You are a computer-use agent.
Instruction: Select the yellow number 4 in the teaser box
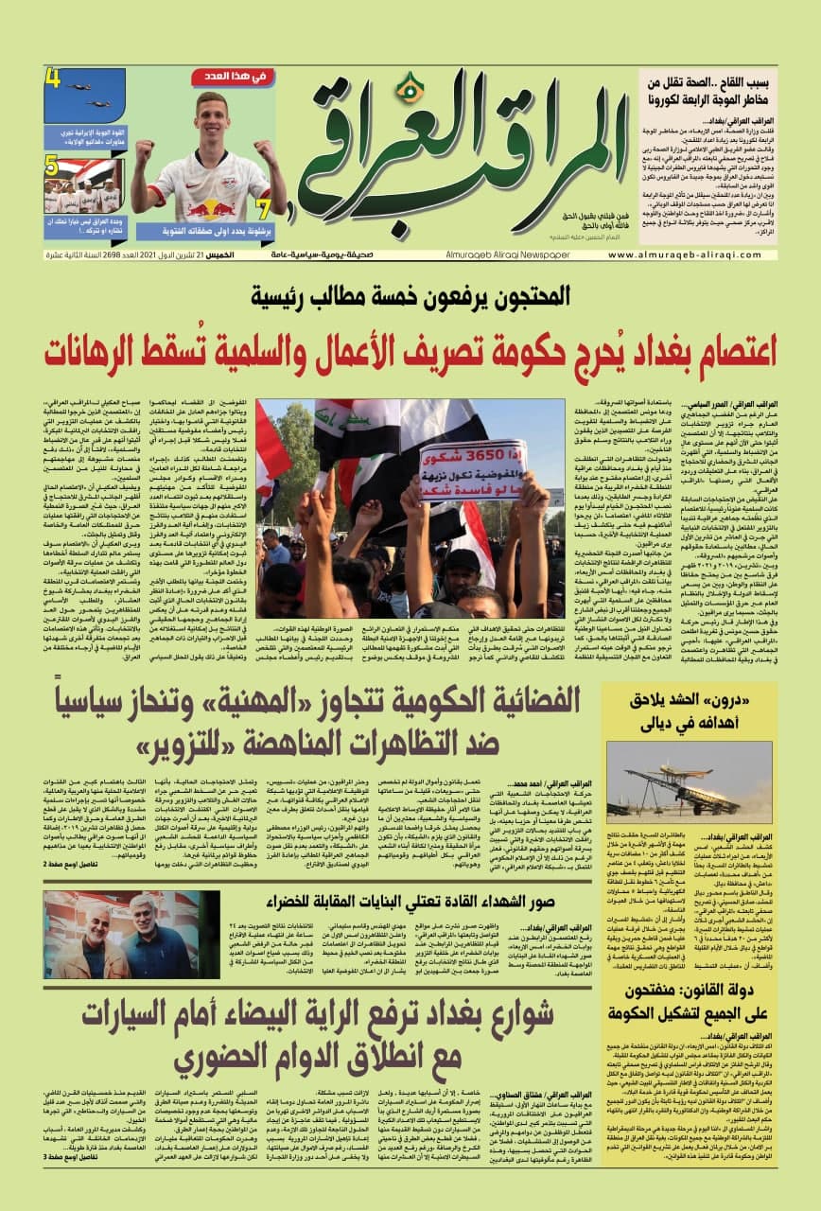tap(53, 79)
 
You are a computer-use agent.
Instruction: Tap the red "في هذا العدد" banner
tap(233, 78)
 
